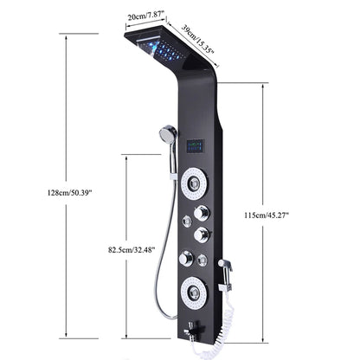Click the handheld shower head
[x=168, y=135]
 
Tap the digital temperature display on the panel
[x=195, y=145]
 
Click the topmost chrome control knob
[x=202, y=212]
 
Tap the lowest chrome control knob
[x=186, y=257]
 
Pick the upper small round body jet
[x=186, y=222]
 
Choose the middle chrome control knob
[x=203, y=235]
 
